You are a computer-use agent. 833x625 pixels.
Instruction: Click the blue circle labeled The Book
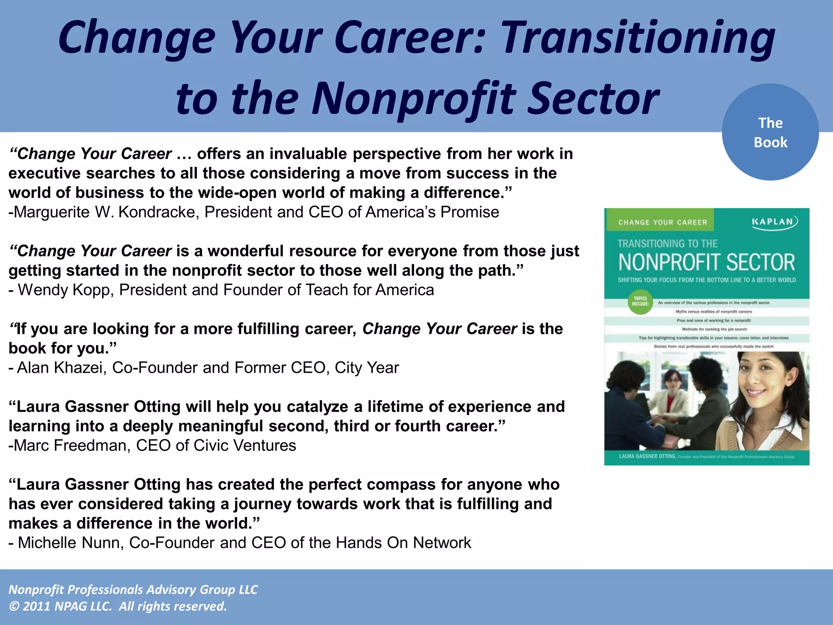(770, 132)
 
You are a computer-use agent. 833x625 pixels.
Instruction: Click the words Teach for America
(370, 290)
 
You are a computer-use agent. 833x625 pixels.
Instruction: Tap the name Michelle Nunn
(71, 543)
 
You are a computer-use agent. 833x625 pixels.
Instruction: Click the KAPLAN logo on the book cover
(774, 222)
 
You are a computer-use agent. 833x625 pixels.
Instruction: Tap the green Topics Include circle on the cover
(640, 302)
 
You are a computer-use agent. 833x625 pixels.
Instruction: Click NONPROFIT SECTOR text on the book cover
(707, 262)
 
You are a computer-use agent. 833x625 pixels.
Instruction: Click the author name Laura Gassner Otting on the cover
(647, 456)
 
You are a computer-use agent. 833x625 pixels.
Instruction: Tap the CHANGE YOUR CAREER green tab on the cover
(663, 222)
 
